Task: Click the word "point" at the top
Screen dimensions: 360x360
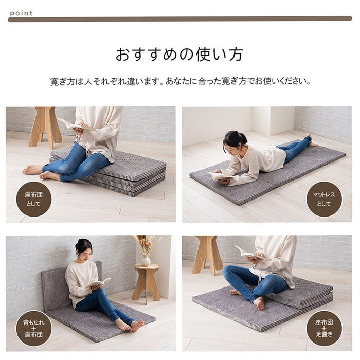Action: point(21,13)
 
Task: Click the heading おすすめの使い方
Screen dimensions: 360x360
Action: point(179,55)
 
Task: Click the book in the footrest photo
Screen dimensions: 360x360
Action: point(246,252)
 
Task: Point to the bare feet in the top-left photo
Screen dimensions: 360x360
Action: point(39,172)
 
